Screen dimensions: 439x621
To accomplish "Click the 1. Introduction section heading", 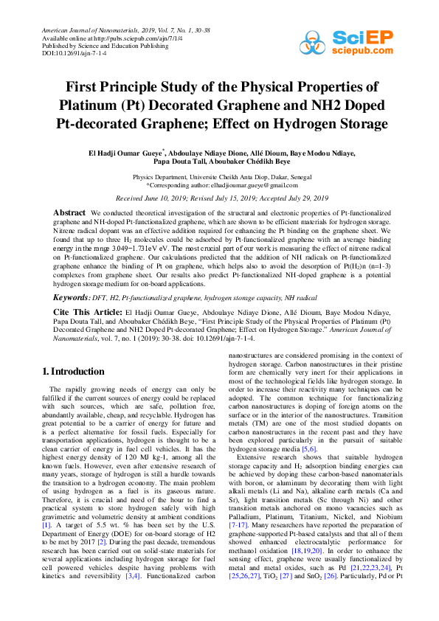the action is [x=73, y=372].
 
